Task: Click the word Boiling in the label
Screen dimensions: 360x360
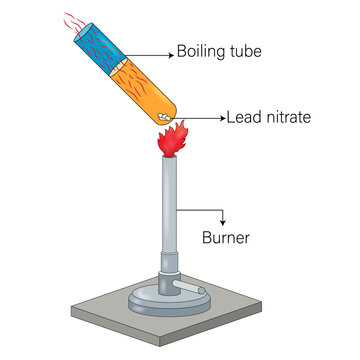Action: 196,52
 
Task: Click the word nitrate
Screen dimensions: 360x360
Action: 287,117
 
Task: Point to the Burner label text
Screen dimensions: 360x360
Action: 226,238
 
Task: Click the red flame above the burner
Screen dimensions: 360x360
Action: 173,139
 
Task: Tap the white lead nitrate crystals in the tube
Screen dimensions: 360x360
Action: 164,116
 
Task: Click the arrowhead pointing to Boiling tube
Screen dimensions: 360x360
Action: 171,55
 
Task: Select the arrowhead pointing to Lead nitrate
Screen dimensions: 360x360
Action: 223,118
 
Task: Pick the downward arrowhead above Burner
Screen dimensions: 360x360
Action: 223,223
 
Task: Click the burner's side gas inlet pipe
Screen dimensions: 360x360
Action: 188,287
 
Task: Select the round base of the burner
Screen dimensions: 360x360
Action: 169,303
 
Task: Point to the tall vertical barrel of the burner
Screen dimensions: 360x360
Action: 169,204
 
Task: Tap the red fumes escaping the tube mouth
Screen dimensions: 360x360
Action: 74,22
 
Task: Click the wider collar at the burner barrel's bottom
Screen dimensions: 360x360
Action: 169,262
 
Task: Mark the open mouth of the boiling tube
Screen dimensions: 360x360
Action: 83,32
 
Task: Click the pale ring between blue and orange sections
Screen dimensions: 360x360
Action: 118,67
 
